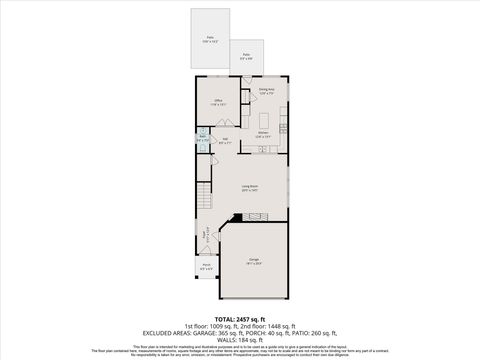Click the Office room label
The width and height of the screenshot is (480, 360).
[x=218, y=102]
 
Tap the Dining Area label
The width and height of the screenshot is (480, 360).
[x=266, y=91]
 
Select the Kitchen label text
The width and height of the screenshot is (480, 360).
[x=263, y=134]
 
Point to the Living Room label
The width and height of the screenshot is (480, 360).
[x=249, y=187]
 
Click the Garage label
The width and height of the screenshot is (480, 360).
[x=254, y=262]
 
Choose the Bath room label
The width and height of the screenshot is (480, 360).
[x=203, y=138]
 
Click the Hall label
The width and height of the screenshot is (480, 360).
[x=226, y=140]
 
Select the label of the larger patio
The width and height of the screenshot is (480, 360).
[x=211, y=39]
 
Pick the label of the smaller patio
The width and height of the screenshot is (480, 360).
[x=246, y=56]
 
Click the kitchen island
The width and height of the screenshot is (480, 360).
[x=263, y=150]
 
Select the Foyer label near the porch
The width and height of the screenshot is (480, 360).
[x=207, y=236]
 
